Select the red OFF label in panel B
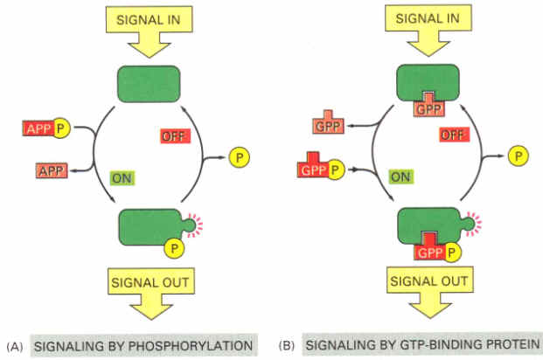[x=452, y=135]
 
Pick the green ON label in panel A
[x=123, y=178]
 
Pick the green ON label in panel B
[x=400, y=177]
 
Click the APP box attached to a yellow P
[x=38, y=130]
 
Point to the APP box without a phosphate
[x=52, y=169]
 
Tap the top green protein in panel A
[x=150, y=84]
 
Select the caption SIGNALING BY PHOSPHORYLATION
[x=143, y=344]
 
